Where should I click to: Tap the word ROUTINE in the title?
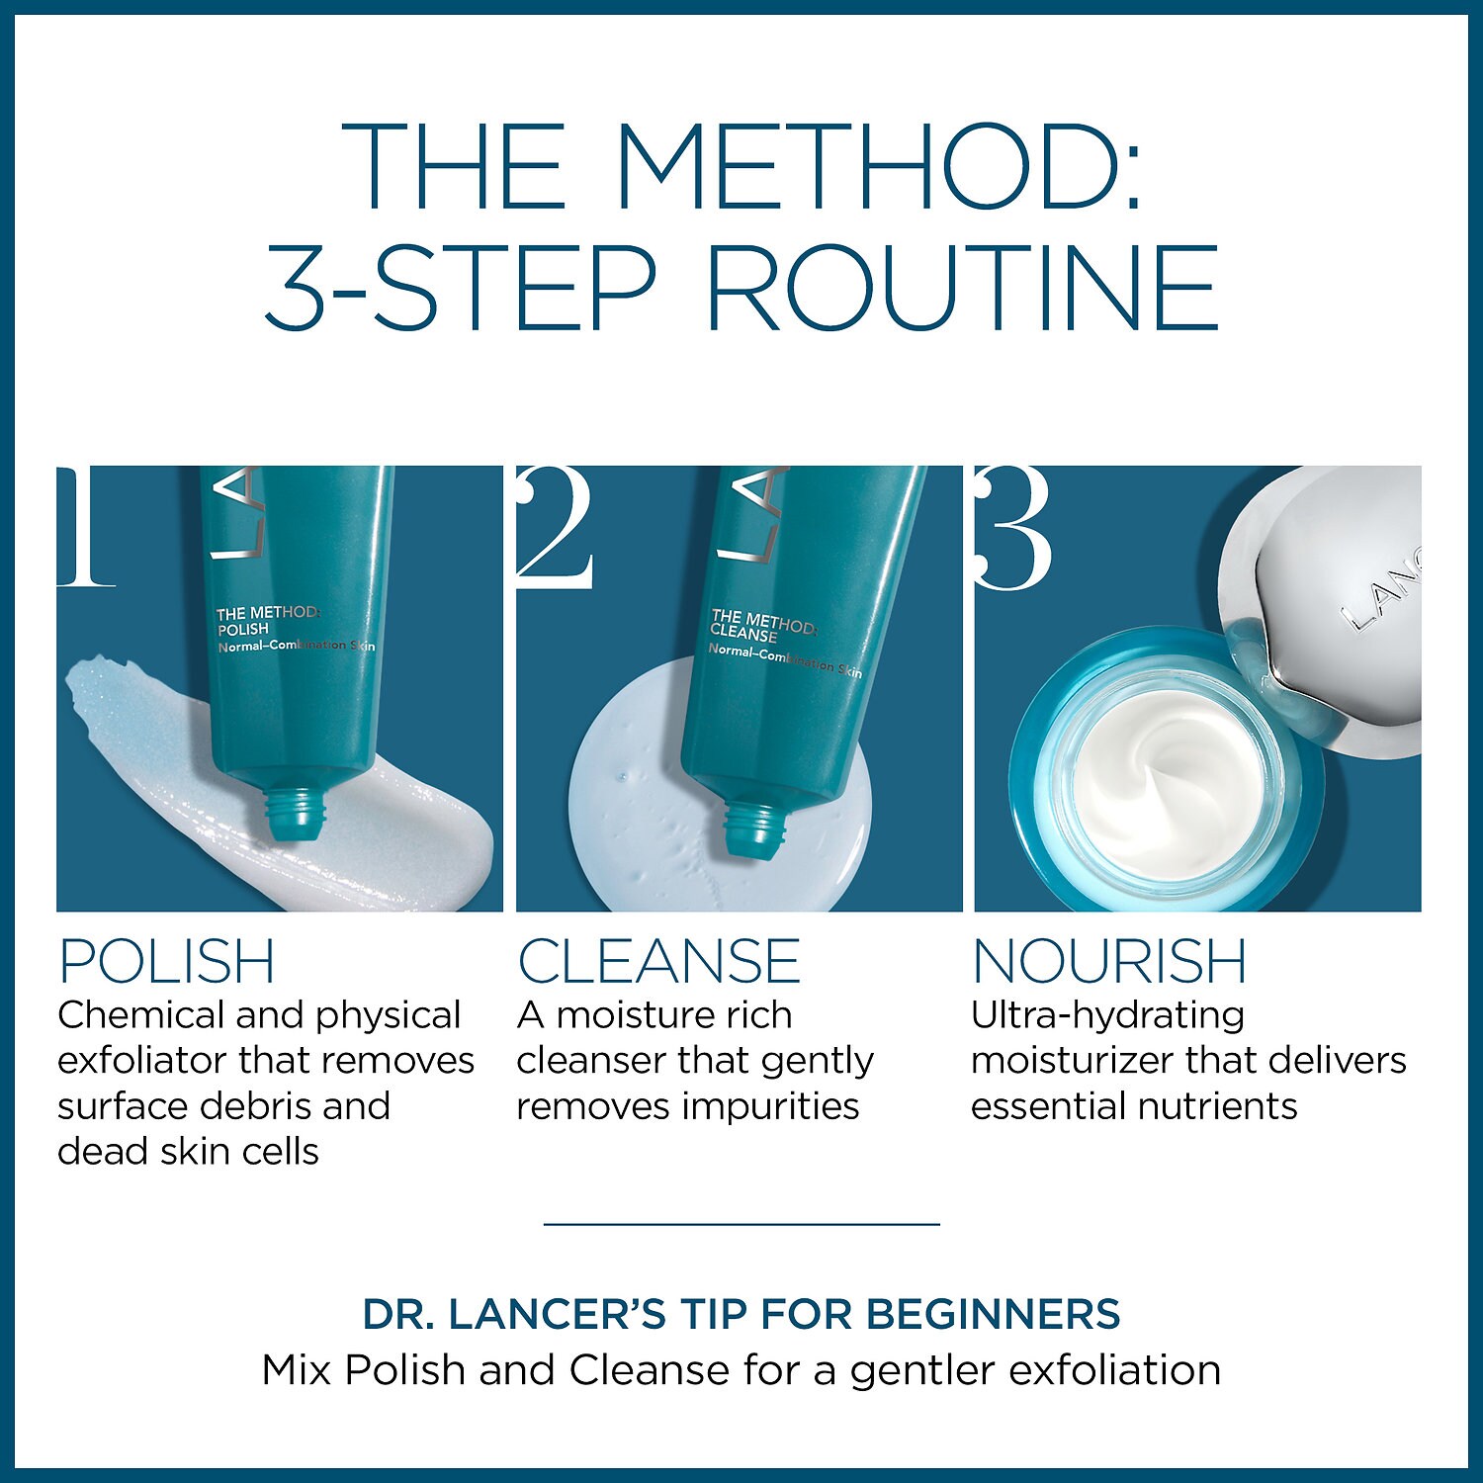961,288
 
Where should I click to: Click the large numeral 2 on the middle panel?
555,530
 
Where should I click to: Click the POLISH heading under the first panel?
166,961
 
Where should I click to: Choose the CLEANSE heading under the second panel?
658,961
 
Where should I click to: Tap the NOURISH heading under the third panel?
1108,961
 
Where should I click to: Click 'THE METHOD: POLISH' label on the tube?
265,621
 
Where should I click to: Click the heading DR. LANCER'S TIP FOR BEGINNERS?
741,1314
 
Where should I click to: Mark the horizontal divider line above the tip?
741,1224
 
